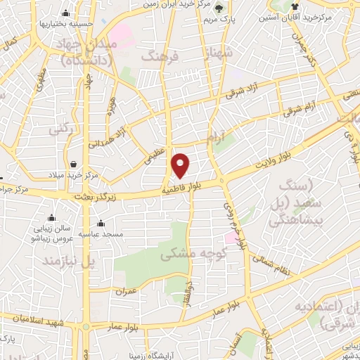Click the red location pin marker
(x=181, y=165)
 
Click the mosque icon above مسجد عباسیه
(x=103, y=220)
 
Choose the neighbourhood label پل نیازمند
(x=68, y=261)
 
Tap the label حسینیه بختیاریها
(x=67, y=23)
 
